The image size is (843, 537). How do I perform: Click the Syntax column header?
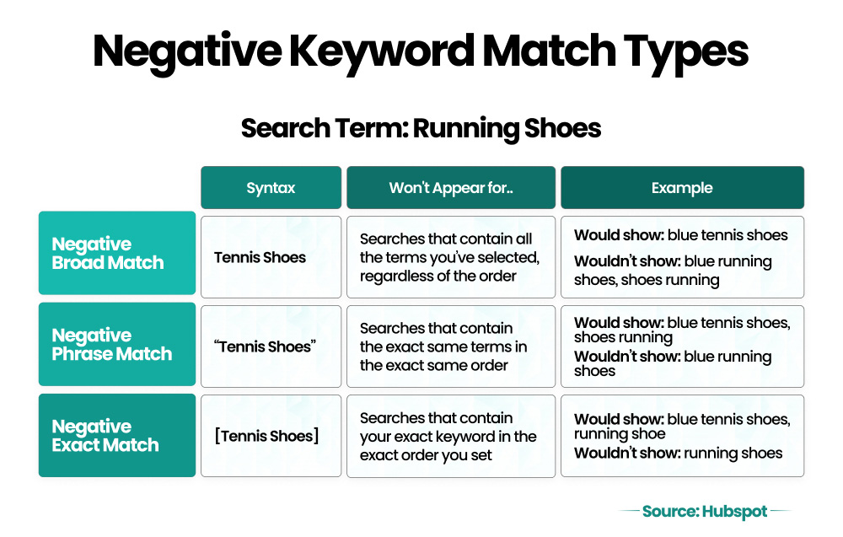tap(271, 188)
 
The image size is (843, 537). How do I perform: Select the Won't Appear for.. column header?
tap(451, 188)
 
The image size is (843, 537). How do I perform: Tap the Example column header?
tap(682, 188)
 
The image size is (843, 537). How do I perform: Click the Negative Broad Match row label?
tap(116, 254)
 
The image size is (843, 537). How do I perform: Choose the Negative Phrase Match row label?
tap(116, 345)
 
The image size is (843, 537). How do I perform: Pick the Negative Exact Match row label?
tap(116, 436)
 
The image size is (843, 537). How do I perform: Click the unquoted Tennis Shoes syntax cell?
tap(271, 257)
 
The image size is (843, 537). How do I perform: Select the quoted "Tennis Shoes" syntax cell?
tap(271, 346)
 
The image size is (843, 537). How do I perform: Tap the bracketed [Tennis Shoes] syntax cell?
tap(271, 436)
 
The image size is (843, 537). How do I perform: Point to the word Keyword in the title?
tap(394, 51)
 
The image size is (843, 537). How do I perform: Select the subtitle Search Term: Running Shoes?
tap(421, 128)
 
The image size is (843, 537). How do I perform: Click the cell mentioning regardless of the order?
tap(451, 257)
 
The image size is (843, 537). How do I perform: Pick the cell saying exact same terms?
tap(451, 346)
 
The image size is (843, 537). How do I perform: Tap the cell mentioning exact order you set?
tap(451, 436)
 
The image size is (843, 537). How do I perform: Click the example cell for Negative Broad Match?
tap(682, 257)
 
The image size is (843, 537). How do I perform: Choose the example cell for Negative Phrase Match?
tap(682, 346)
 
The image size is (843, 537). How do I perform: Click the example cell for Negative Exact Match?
tap(682, 436)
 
